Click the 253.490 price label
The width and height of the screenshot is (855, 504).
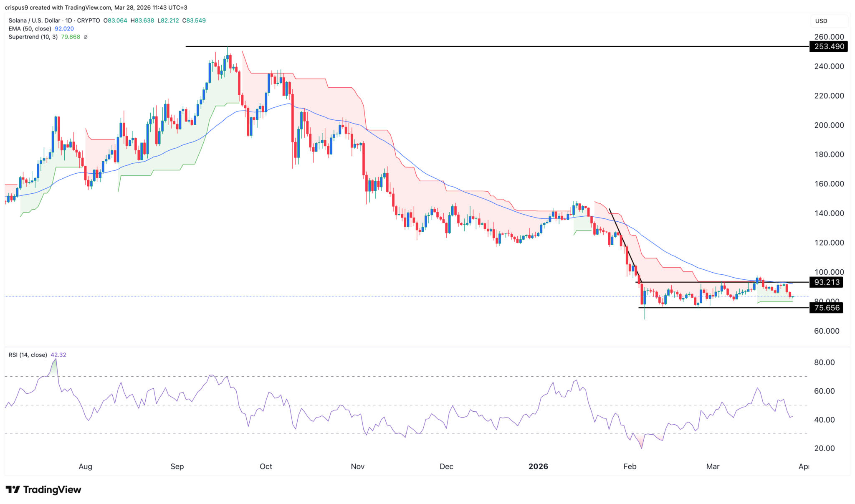pyautogui.click(x=829, y=46)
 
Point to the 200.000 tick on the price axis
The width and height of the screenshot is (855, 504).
pyautogui.click(x=829, y=125)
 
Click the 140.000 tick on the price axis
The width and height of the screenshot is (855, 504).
pyautogui.click(x=829, y=213)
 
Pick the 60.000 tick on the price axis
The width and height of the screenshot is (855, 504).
pyautogui.click(x=829, y=331)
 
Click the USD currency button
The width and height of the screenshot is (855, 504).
pyautogui.click(x=821, y=21)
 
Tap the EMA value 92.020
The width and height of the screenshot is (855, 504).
pyautogui.click(x=64, y=29)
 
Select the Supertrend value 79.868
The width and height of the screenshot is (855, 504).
pyautogui.click(x=71, y=37)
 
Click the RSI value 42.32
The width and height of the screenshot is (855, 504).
pyautogui.click(x=58, y=355)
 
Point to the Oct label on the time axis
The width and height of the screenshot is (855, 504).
pyautogui.click(x=266, y=466)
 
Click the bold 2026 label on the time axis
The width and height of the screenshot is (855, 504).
pyautogui.click(x=538, y=466)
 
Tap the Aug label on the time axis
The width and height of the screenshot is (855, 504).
pyautogui.click(x=85, y=466)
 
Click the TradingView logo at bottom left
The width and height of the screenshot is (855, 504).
pyautogui.click(x=43, y=489)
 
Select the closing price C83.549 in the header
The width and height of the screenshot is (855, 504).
pyautogui.click(x=194, y=20)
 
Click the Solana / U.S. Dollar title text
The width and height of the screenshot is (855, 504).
pyautogui.click(x=35, y=20)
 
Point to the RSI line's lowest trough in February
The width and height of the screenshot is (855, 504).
pyautogui.click(x=641, y=448)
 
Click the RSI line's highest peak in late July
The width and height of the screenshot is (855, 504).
pyautogui.click(x=56, y=359)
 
